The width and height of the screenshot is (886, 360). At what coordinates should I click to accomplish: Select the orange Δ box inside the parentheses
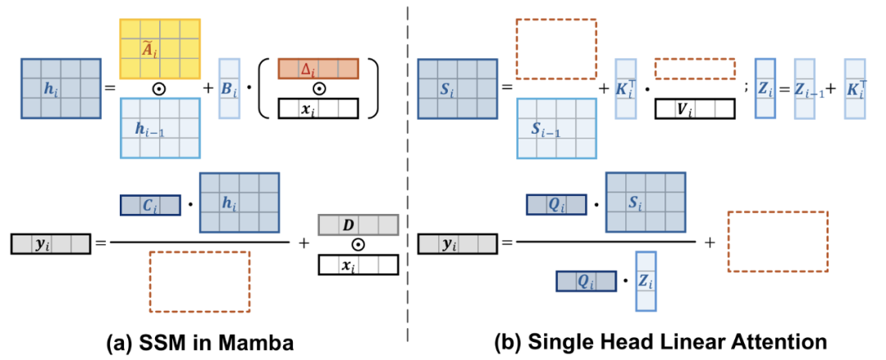click(x=317, y=69)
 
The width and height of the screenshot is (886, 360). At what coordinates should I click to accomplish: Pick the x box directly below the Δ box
click(x=317, y=109)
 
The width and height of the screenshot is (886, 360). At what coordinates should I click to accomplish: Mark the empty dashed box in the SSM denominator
click(x=199, y=281)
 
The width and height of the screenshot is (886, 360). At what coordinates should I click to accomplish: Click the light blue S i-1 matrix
click(x=556, y=127)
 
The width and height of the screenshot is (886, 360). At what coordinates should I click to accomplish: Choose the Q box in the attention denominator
click(x=586, y=281)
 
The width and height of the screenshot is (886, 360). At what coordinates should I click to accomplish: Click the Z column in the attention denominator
click(x=646, y=281)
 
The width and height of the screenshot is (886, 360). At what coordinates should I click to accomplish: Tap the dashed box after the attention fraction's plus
click(x=779, y=242)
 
